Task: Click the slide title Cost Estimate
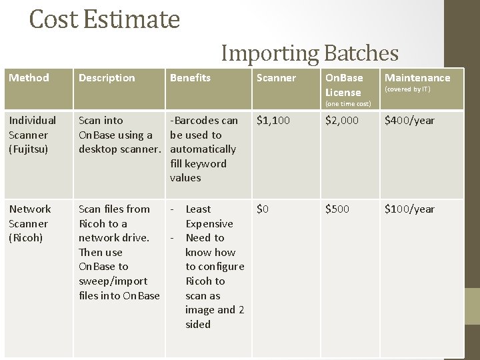pyautogui.click(x=105, y=19)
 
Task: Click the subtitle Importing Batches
pyautogui.click(x=309, y=53)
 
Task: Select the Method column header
pyautogui.click(x=29, y=78)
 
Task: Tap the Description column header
pyautogui.click(x=107, y=78)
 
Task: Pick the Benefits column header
pyautogui.click(x=190, y=78)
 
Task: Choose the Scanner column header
pyautogui.click(x=276, y=78)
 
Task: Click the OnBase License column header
pyautogui.click(x=344, y=85)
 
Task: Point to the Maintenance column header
pyautogui.click(x=417, y=78)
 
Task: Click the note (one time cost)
pyautogui.click(x=347, y=103)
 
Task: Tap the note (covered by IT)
pyautogui.click(x=407, y=89)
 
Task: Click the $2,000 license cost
pyautogui.click(x=341, y=121)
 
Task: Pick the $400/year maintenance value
pyautogui.click(x=409, y=121)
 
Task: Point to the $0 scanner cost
pyautogui.click(x=263, y=209)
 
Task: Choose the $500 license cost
pyautogui.click(x=337, y=209)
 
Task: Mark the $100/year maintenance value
pyautogui.click(x=409, y=209)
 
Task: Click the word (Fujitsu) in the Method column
pyautogui.click(x=29, y=149)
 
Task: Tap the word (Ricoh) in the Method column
pyautogui.click(x=25, y=238)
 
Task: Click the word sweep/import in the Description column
pyautogui.click(x=113, y=281)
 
